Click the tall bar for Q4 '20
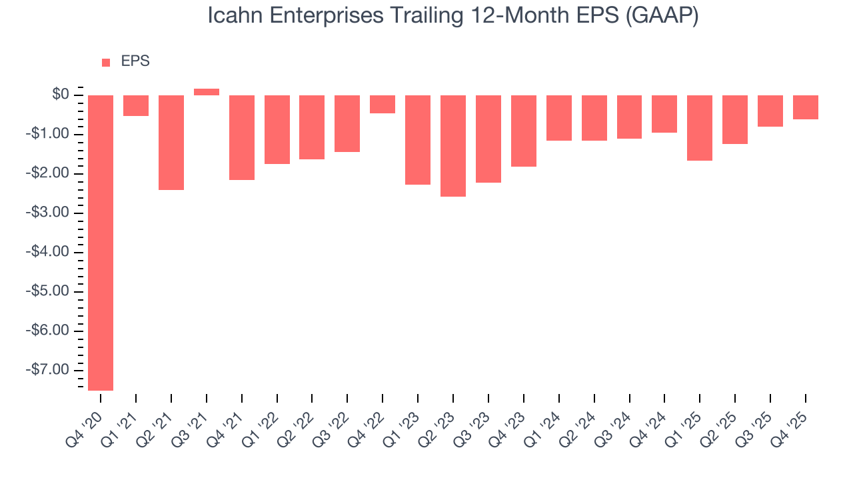click(x=101, y=242)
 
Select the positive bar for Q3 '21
click(x=207, y=92)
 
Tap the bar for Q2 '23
click(x=453, y=146)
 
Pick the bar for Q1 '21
click(x=136, y=105)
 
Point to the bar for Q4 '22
click(x=383, y=104)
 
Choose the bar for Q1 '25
click(x=700, y=128)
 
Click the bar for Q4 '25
click(x=805, y=107)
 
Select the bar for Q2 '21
click(x=171, y=143)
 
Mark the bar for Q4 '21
click(x=242, y=137)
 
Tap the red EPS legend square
click(x=106, y=63)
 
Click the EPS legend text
click(x=135, y=61)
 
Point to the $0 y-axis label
click(x=61, y=95)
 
